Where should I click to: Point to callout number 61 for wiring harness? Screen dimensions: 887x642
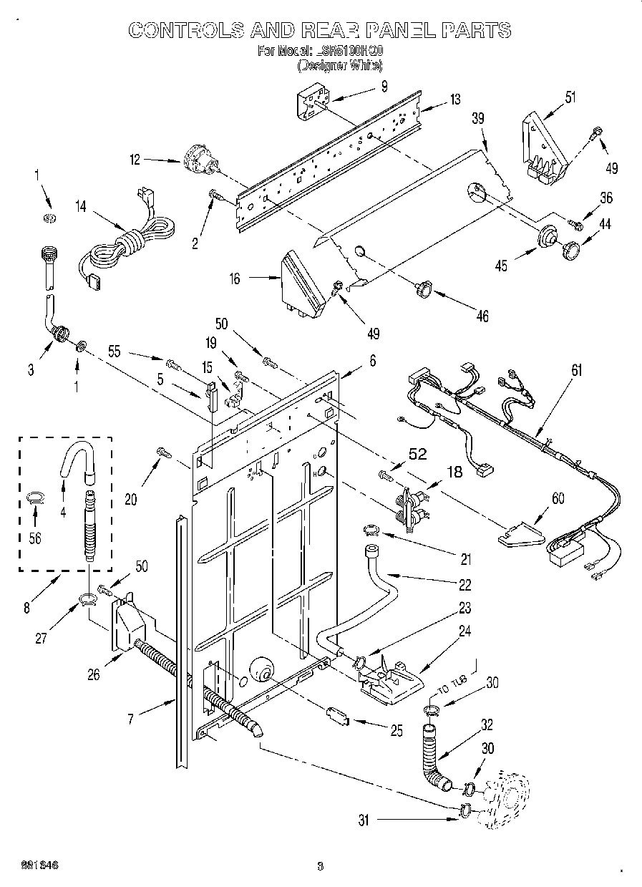click(577, 370)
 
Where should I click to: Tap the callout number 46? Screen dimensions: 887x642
click(482, 316)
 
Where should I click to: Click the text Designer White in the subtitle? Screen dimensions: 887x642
click(339, 65)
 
